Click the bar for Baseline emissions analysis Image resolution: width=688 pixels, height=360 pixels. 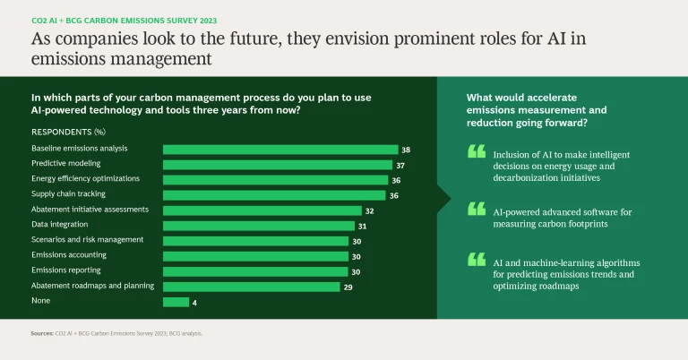[279, 150]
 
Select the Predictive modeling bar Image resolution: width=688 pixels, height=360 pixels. [277, 165]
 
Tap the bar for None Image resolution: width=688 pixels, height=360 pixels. [176, 302]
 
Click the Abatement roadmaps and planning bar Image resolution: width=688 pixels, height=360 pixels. [251, 287]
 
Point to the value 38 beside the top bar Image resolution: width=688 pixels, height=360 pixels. [406, 150]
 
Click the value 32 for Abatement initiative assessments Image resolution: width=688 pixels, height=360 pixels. [369, 210]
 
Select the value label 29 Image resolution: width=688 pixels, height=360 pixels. [348, 287]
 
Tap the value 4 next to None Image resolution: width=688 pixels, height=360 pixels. [196, 302]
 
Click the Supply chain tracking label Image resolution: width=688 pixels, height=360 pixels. [68, 193]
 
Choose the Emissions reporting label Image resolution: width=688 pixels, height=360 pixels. [65, 270]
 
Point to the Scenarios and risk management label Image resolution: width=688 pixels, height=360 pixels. [87, 239]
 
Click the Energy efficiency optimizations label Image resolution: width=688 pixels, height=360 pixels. [85, 178]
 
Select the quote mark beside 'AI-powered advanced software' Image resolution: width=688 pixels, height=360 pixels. [477, 209]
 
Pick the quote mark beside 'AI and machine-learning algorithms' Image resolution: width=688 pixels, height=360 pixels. [477, 260]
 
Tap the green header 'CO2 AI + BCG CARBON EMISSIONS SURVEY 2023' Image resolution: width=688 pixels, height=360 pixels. [124, 20]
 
